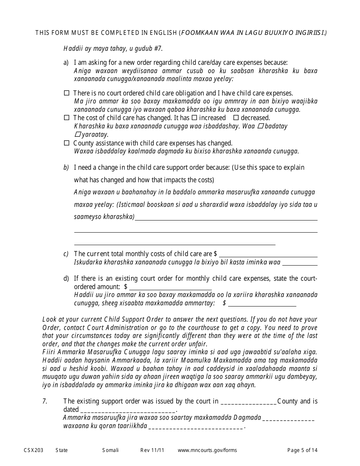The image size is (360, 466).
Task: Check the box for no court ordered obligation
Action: tap(67, 93)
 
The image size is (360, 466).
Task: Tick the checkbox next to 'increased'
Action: tap(194, 118)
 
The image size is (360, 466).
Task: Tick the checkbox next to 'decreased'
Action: tap(236, 118)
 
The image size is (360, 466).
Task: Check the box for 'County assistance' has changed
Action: tap(67, 143)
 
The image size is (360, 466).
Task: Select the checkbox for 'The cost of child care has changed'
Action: tap(67, 118)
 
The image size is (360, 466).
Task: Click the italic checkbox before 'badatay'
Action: tap(260, 126)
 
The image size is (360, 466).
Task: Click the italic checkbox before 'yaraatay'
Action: tap(77, 134)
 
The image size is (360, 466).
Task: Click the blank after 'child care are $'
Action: tap(268, 254)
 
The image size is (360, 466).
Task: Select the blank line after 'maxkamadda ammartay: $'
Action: tap(262, 303)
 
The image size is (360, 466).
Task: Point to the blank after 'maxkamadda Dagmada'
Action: tap(288, 418)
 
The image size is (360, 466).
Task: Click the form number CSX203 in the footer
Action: tap(33, 450)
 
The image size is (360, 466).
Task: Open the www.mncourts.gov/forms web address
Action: tap(207, 450)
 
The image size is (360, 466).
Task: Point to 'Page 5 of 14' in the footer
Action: tap(302, 450)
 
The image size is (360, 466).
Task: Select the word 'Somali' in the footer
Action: tap(110, 450)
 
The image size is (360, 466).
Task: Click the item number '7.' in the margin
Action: tap(45, 401)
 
